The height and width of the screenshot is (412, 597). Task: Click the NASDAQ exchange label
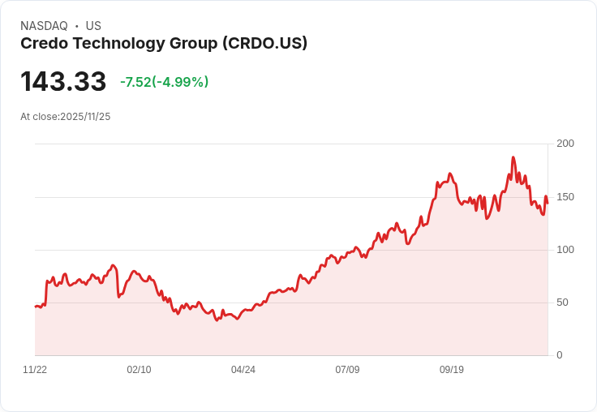pos(44,26)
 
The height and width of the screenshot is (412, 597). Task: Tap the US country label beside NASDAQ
pos(93,26)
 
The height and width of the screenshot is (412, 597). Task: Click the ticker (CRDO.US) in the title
pos(264,44)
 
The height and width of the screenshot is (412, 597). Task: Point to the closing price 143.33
pos(63,82)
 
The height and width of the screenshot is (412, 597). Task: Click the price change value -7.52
pos(135,82)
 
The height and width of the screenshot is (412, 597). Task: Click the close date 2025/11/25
pos(85,117)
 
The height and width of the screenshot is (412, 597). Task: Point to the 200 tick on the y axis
pos(565,144)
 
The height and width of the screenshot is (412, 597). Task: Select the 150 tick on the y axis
pos(565,196)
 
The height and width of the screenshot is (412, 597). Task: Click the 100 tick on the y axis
pos(565,249)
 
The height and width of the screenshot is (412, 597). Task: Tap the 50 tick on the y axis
pos(562,302)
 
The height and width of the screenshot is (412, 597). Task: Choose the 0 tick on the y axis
pos(560,355)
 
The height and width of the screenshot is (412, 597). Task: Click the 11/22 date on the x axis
pos(35,370)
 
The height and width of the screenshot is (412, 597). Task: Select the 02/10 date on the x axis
pos(139,370)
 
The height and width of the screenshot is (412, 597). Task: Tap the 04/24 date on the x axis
pos(243,370)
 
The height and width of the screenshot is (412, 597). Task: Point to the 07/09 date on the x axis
pos(347,370)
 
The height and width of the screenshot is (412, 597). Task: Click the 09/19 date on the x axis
pos(452,370)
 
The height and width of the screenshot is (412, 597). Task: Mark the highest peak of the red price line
pos(513,157)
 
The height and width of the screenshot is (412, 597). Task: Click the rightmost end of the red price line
pos(548,203)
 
